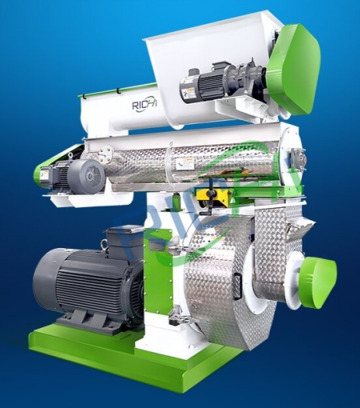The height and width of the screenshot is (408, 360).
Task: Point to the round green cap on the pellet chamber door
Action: coord(317,273)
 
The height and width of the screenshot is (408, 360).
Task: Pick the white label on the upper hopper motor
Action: coord(189,92)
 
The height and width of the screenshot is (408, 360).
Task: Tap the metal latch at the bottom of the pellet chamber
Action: coord(178,315)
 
